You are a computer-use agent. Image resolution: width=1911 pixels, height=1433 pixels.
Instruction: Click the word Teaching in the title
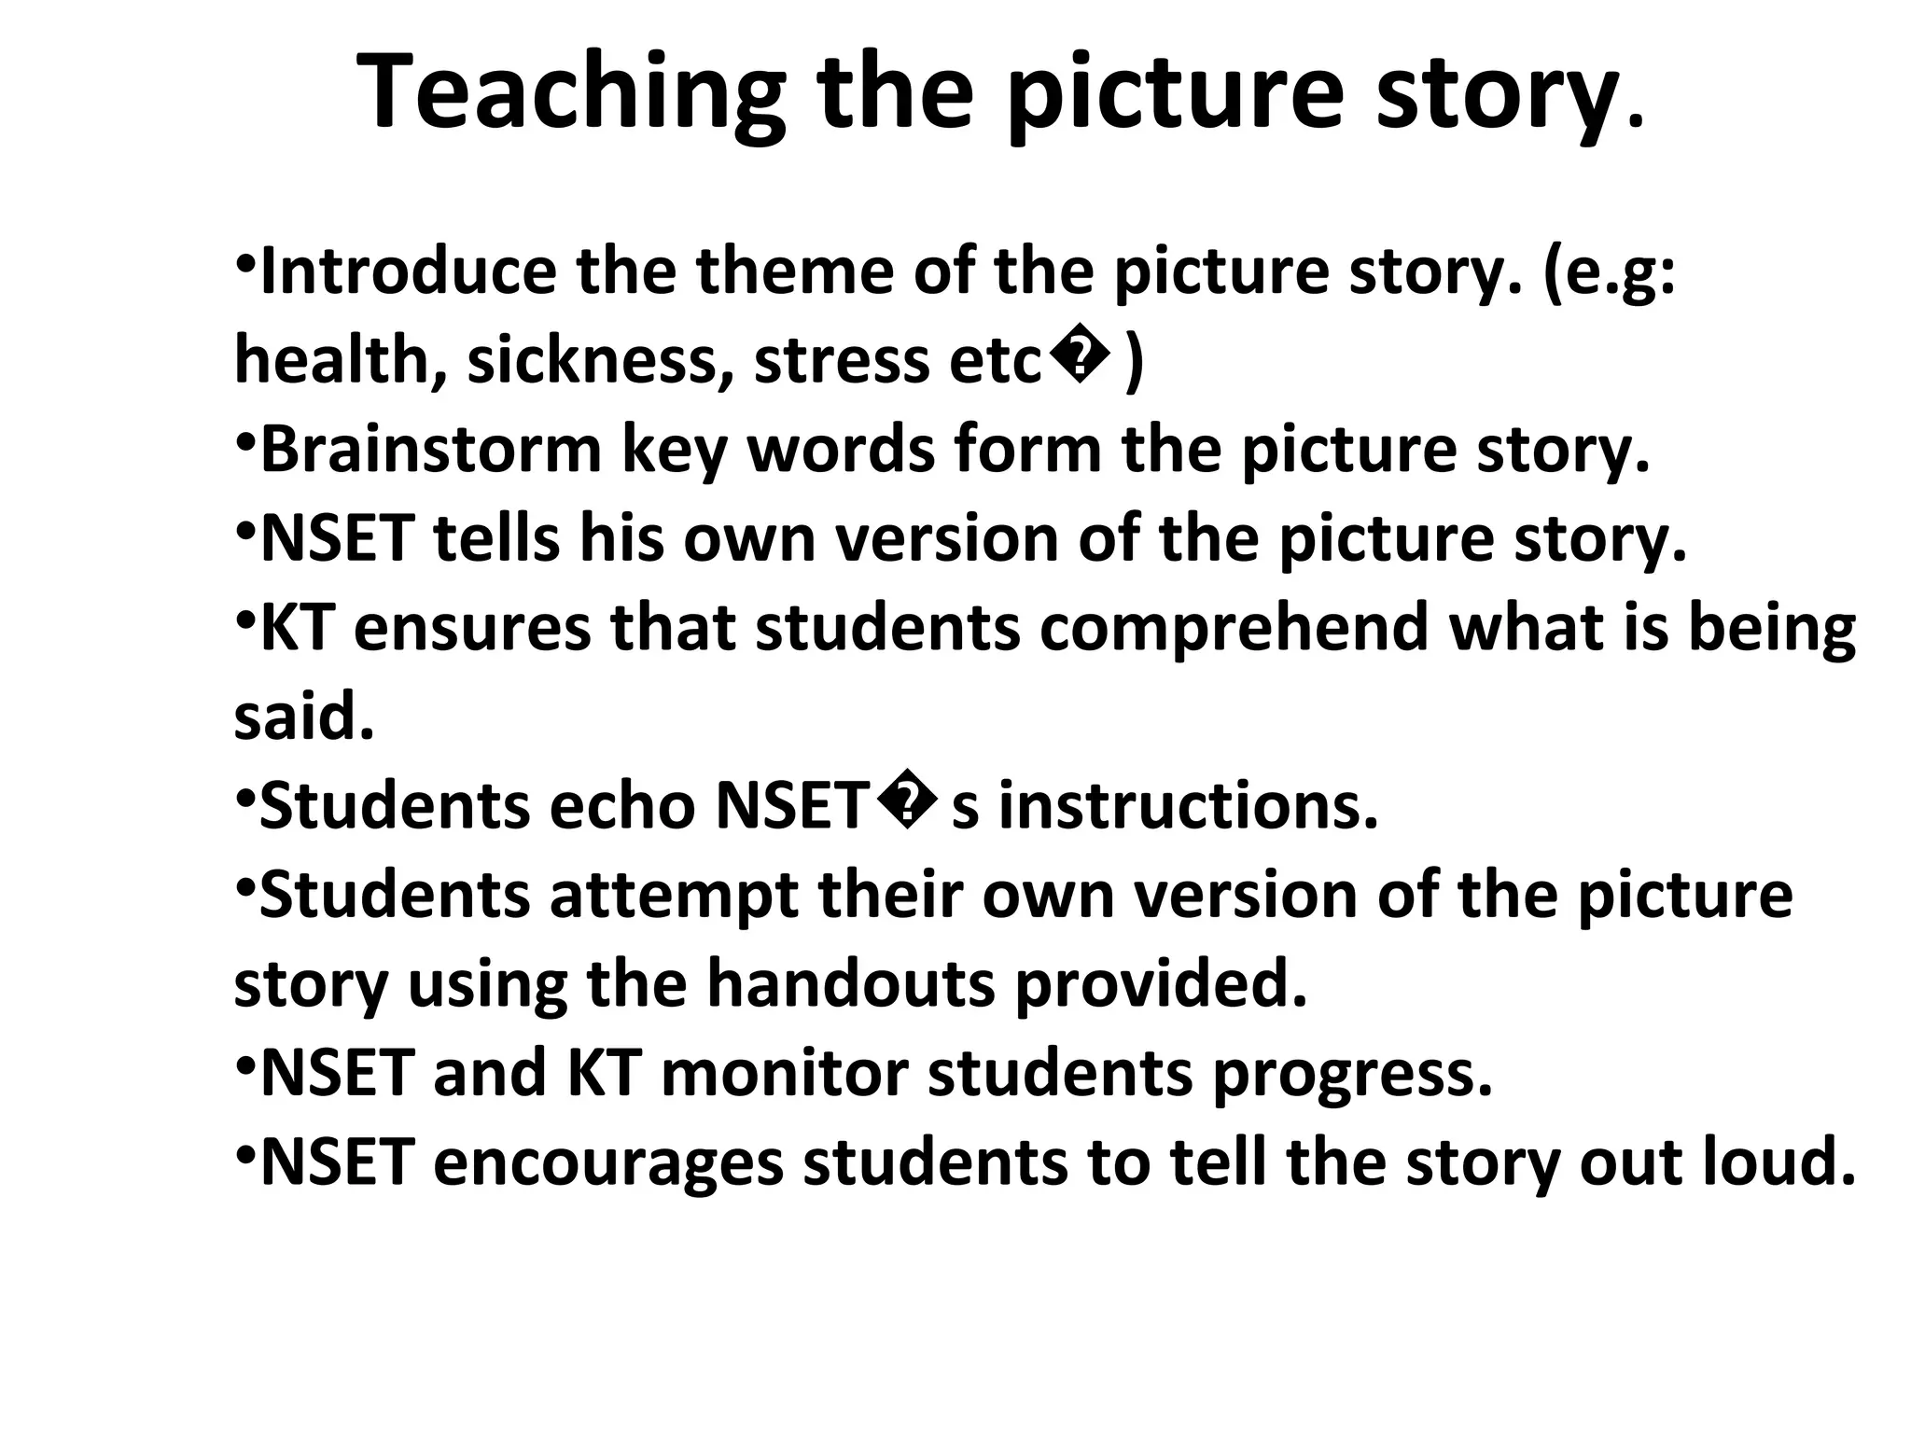570,93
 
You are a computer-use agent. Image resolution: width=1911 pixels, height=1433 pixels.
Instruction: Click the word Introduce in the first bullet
408,271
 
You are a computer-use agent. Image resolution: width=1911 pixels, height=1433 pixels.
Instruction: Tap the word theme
795,271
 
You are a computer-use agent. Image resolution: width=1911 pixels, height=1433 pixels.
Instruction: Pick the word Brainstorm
431,450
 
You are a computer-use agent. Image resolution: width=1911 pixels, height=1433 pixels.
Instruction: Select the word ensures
472,628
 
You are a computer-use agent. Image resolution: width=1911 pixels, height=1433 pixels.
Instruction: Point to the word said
303,716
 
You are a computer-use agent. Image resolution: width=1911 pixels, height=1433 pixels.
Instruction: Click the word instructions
1188,806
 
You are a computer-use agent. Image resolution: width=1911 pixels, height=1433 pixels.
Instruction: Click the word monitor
785,1073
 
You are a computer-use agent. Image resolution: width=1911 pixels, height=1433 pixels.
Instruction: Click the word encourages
607,1162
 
